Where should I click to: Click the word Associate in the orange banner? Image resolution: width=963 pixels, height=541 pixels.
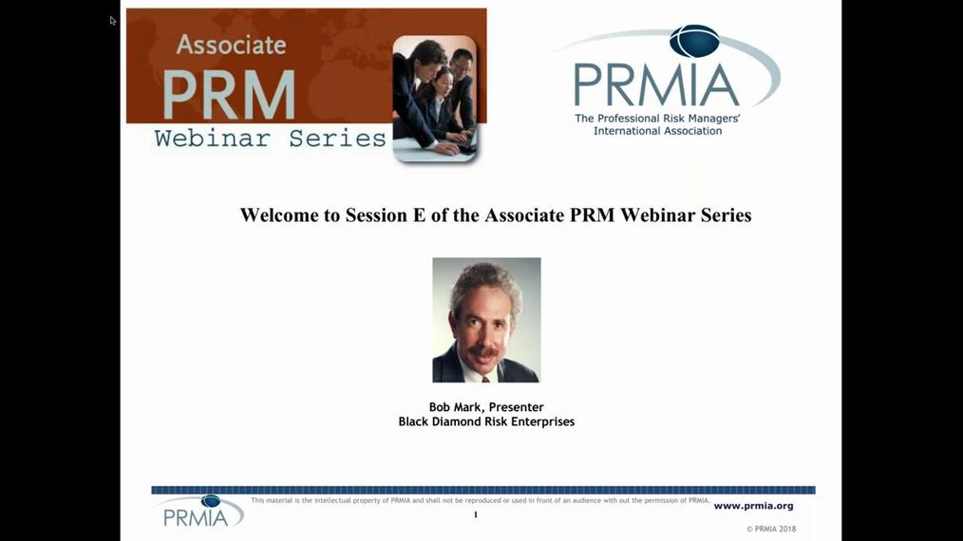click(x=231, y=45)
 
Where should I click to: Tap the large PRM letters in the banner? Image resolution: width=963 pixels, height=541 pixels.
click(x=228, y=94)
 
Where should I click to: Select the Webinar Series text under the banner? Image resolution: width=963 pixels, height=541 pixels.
click(x=270, y=139)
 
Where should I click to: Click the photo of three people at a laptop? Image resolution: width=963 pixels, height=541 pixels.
click(x=435, y=98)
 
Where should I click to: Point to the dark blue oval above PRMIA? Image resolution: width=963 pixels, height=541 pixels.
click(x=694, y=41)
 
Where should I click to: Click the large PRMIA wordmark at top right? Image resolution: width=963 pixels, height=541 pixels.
click(x=656, y=84)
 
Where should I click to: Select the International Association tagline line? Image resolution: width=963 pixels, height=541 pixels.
click(x=657, y=131)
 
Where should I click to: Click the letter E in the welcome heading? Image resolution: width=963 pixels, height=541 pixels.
click(x=418, y=215)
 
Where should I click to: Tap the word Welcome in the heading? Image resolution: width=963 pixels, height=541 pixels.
click(x=280, y=215)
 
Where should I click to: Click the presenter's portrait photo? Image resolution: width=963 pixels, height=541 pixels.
click(x=486, y=320)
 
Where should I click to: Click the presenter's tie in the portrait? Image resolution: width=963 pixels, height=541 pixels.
click(x=485, y=378)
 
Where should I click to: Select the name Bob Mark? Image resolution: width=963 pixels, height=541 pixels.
click(x=456, y=407)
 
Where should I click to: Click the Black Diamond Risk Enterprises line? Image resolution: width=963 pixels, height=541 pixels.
click(x=486, y=421)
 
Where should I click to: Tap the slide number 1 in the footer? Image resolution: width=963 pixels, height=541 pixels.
click(x=476, y=514)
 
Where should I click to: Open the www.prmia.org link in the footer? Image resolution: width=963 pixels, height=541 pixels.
click(x=753, y=506)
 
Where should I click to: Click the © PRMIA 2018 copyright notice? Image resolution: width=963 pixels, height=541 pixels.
click(x=770, y=529)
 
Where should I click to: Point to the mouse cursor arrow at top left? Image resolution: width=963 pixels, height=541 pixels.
click(x=112, y=20)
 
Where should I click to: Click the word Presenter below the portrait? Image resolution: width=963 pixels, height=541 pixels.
click(x=516, y=407)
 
